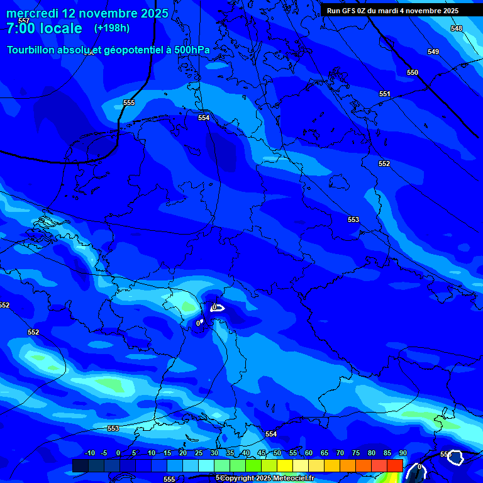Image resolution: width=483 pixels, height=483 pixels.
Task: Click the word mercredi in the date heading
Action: point(32,13)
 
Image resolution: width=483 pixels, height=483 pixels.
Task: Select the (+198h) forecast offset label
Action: point(112,28)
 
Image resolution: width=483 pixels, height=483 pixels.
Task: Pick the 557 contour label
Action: point(24,21)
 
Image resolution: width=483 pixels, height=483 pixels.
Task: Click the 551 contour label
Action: point(384,94)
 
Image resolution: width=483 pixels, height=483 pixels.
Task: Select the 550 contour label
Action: point(412,73)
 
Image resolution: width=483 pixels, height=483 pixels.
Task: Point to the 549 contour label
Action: point(433,52)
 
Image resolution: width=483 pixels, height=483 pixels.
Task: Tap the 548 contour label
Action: point(456,29)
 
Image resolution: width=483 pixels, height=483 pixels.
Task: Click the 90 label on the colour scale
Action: point(402,453)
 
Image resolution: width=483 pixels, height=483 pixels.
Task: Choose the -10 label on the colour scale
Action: point(89,453)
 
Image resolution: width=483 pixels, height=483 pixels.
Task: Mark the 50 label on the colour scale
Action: point(277,453)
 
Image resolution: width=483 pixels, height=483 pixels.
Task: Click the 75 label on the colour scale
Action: point(356,453)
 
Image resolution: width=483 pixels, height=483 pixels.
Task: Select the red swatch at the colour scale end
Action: point(395,465)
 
